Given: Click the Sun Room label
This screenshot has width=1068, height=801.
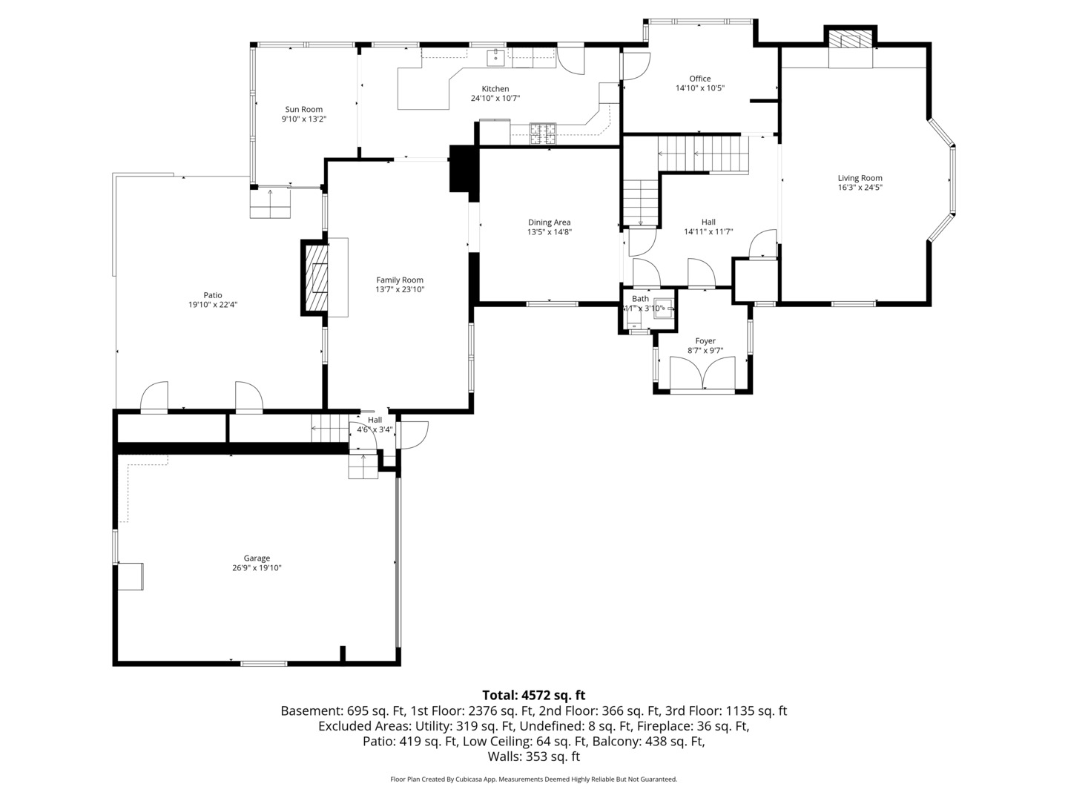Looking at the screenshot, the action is (303, 110).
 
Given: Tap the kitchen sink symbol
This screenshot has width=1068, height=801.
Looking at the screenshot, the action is (496, 57).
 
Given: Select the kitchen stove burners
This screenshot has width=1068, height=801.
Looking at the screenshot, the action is (542, 133).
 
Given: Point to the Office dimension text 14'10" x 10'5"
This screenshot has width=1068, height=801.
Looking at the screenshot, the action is (700, 88).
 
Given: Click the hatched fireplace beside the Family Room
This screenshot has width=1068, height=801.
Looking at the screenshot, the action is (314, 277).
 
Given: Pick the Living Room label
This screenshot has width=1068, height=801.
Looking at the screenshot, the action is (860, 178).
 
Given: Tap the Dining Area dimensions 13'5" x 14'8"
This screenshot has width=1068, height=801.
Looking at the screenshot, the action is (550, 232).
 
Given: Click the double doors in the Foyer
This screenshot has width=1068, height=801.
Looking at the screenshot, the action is (702, 373).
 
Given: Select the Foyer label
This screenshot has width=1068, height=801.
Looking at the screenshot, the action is (705, 341).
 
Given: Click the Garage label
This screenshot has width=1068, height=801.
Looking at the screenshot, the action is (257, 558).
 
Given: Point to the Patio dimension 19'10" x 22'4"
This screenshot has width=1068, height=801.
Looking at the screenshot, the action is (213, 305).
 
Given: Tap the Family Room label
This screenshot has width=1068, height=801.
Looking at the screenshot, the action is (400, 280).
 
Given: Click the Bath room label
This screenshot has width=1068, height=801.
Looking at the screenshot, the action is (640, 299).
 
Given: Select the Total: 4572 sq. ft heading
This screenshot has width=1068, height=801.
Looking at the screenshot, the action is (534, 695).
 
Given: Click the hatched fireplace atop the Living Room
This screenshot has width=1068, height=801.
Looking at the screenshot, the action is (851, 40).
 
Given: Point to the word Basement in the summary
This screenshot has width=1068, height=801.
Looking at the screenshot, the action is (311, 711).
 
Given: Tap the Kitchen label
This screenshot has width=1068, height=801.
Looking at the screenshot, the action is (495, 89).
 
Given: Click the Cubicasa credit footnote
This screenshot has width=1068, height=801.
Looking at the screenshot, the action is (534, 779).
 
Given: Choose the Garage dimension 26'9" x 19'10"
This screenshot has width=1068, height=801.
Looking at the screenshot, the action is (257, 568).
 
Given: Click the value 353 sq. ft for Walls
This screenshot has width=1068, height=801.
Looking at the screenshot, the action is (553, 756).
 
